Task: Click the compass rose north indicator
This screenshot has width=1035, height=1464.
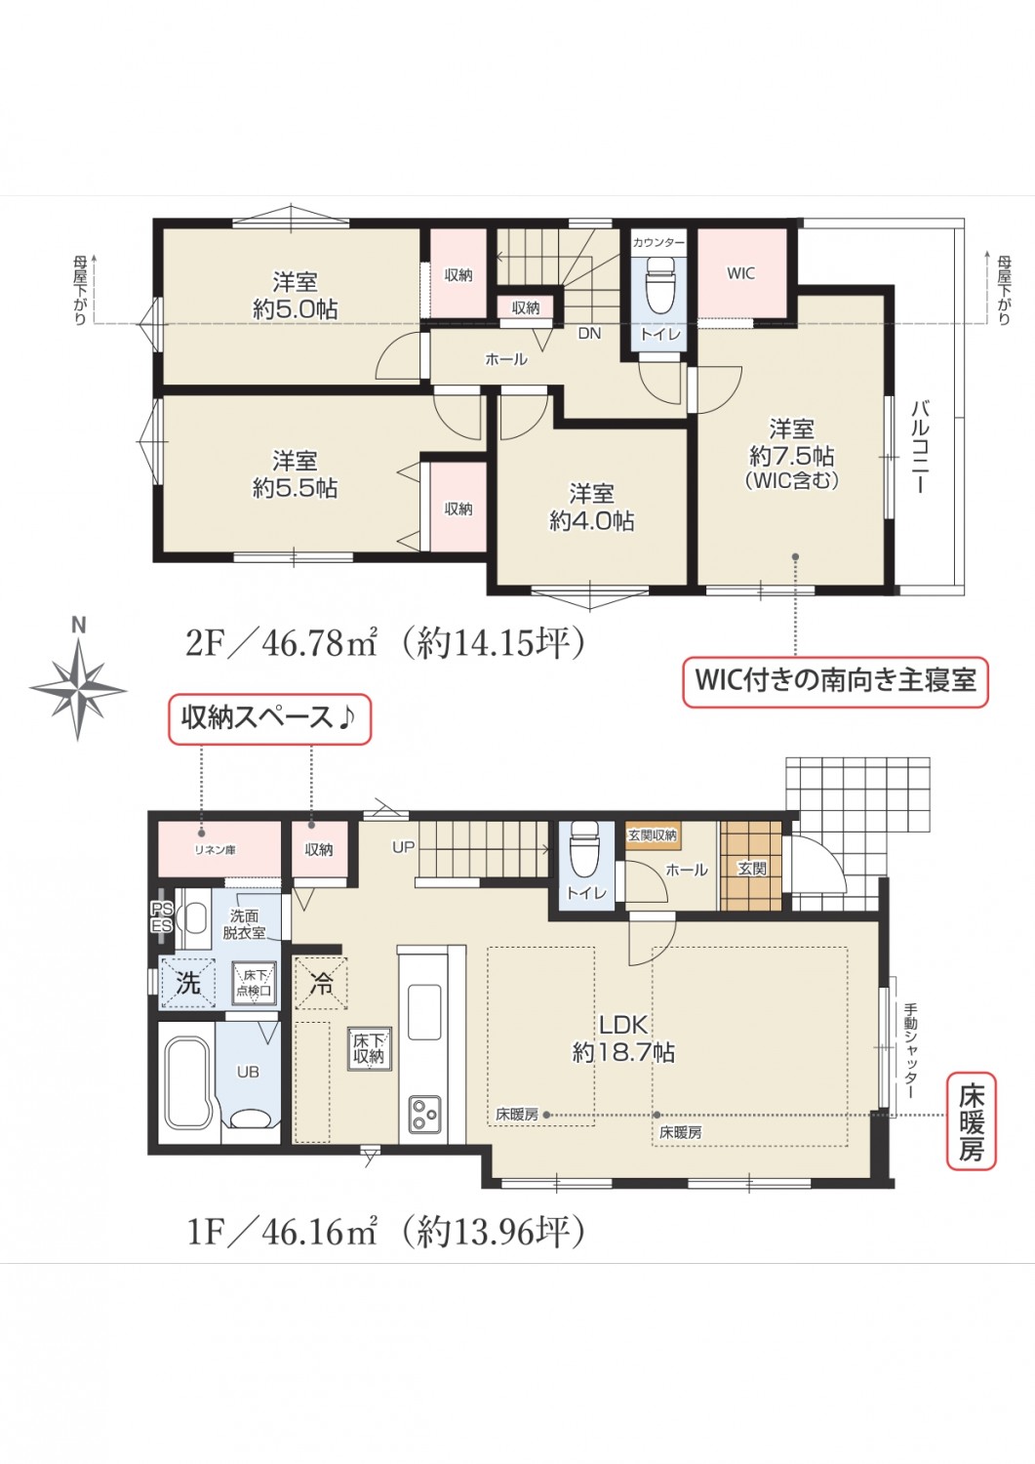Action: click(x=78, y=680)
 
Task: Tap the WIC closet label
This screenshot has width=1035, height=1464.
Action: click(x=740, y=273)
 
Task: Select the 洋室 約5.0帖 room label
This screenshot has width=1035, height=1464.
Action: click(x=296, y=296)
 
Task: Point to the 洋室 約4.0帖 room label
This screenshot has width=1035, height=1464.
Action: click(x=591, y=507)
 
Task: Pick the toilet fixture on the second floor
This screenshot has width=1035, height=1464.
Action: click(x=660, y=286)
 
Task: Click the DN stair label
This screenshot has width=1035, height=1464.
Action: click(x=589, y=334)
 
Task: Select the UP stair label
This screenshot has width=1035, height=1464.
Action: click(x=403, y=847)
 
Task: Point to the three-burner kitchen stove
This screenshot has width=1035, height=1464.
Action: click(x=424, y=1115)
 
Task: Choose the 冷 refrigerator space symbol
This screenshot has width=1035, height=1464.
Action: click(x=321, y=983)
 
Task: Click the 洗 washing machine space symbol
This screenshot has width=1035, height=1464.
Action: click(x=188, y=983)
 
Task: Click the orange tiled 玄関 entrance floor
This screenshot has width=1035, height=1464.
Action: click(x=751, y=866)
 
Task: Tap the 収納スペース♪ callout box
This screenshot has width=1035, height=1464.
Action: click(x=270, y=719)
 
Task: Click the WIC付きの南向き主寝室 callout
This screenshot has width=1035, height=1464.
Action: click(x=835, y=681)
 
